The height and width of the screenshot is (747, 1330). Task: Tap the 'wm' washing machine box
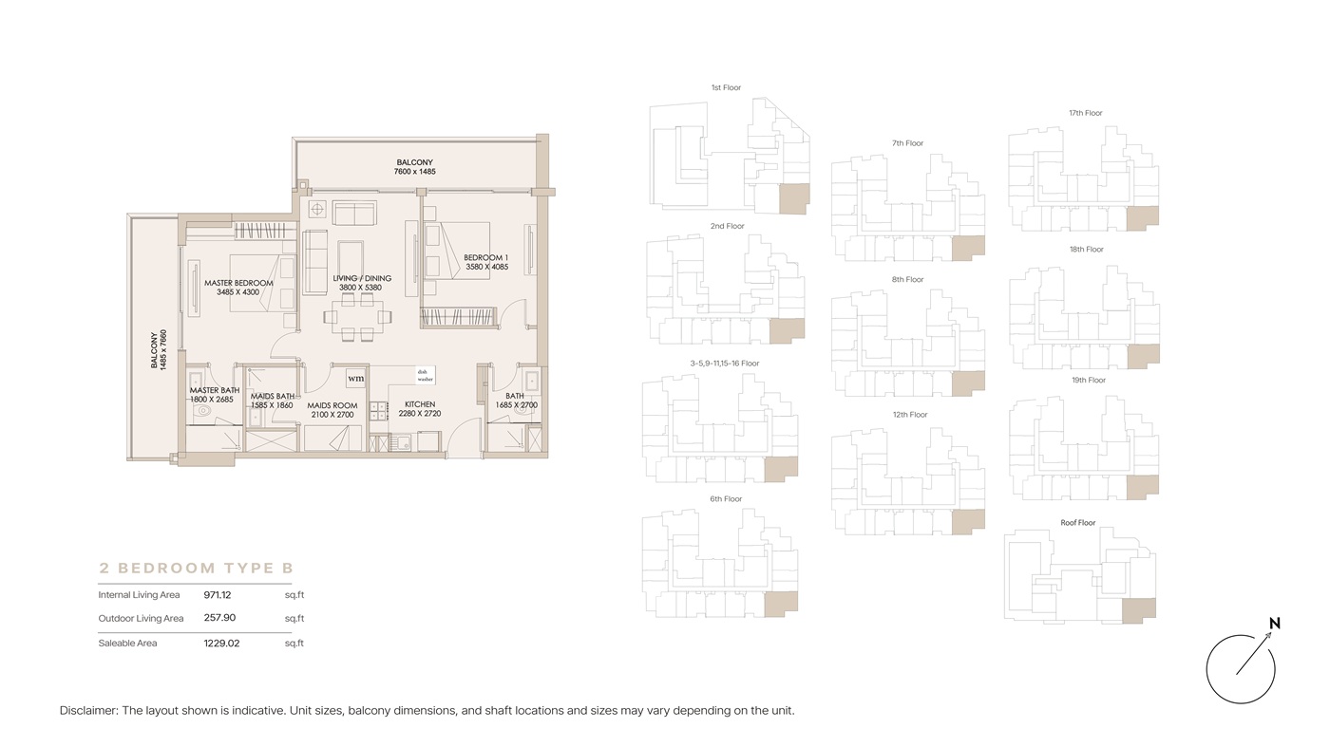356,378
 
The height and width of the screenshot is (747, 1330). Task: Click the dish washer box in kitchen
426,375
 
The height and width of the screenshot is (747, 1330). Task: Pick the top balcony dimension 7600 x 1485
415,172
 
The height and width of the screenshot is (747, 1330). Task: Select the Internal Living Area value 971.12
218,594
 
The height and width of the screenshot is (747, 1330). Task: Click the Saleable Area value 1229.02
221,644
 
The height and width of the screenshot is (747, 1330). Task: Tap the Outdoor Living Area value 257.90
219,618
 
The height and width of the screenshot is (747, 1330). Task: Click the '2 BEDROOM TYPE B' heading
196,568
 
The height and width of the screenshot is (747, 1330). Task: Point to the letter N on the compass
1274,623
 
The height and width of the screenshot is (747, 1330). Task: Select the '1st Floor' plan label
726,88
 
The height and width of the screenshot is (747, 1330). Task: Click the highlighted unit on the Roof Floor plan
1139,610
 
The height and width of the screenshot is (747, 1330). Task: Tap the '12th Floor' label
910,415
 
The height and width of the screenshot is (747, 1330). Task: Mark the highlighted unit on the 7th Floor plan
968,248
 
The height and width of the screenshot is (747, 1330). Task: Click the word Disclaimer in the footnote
88,710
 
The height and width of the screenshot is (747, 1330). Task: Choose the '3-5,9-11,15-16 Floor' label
724,364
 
